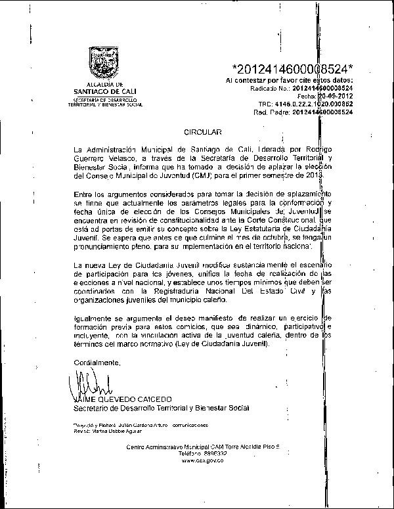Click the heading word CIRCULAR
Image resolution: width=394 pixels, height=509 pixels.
pos(199,133)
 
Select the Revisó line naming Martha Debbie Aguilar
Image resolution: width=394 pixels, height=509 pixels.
pos(108,431)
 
